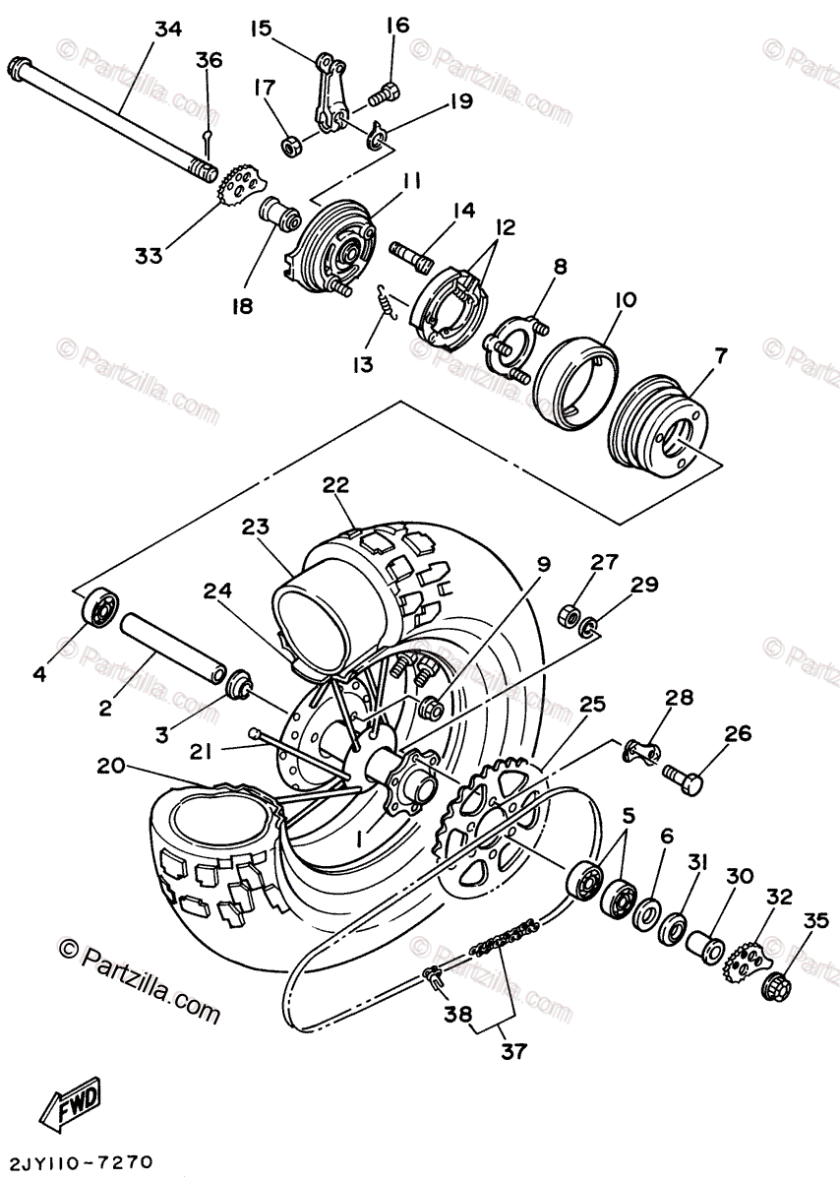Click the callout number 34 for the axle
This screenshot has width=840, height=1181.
pos(168,31)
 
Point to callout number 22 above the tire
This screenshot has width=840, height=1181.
pos(335,485)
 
